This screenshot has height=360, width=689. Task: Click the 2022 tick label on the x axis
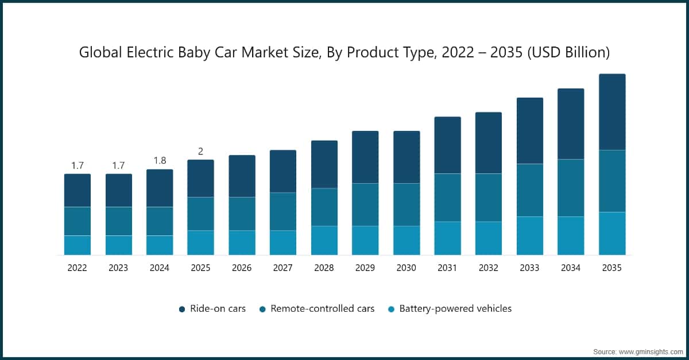point(77,268)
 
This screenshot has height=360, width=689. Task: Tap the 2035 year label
point(612,268)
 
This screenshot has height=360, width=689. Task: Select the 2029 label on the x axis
point(365,268)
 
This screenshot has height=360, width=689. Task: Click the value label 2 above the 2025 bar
point(200,152)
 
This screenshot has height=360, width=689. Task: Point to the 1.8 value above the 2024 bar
point(160,161)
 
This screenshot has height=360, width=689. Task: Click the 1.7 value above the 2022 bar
point(77,166)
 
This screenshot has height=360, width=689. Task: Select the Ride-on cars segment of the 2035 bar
point(612,112)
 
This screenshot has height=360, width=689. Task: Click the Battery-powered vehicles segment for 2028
point(324,240)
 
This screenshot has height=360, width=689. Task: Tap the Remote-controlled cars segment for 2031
point(447,198)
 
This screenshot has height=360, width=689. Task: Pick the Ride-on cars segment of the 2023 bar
point(118,190)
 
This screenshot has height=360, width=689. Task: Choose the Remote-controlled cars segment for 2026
point(242,214)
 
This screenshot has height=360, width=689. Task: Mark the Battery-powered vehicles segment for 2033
point(529,235)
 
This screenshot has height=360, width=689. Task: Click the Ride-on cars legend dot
point(181,309)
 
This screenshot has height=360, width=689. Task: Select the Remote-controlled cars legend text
point(322,309)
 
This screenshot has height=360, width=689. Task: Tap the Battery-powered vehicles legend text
point(455,309)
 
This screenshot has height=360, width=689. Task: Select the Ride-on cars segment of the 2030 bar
point(407,157)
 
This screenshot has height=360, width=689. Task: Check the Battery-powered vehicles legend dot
point(391,309)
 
